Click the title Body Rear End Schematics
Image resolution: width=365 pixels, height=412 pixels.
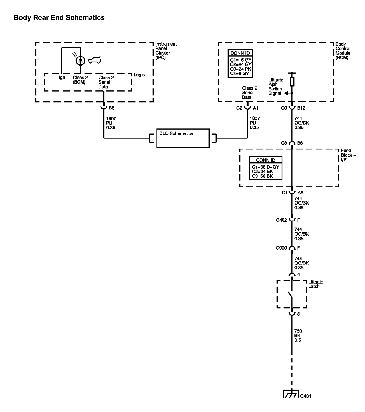point(59,18)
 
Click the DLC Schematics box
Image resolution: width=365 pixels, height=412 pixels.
point(183,138)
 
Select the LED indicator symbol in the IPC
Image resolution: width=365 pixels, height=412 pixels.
point(81,60)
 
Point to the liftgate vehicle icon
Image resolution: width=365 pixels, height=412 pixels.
point(95,60)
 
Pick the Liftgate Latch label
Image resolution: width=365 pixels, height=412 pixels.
point(316,284)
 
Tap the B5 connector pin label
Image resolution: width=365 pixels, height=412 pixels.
point(111,108)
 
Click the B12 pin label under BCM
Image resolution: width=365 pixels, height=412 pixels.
point(301,108)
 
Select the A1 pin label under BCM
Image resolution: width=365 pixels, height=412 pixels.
point(256,108)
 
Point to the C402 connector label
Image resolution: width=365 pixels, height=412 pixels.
point(281,220)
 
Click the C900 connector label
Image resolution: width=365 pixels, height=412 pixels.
point(281,248)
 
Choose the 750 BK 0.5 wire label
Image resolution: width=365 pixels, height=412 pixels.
point(298,336)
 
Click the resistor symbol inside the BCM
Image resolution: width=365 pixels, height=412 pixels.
point(292,82)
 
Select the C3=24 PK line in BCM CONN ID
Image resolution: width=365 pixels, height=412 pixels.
point(241,69)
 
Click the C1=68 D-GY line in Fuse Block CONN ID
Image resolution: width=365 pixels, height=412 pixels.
point(265,167)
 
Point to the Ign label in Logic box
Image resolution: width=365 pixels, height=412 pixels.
point(62,77)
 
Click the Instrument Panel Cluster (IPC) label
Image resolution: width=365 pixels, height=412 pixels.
point(166,51)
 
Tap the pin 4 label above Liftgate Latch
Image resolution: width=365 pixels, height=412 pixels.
point(299,275)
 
